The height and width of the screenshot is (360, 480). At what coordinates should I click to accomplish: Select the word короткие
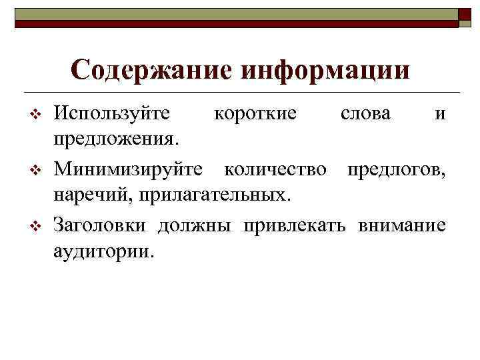(x=255, y=114)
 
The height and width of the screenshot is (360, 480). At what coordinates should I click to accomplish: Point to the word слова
(x=366, y=114)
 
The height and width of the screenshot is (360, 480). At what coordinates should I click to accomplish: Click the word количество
(x=275, y=169)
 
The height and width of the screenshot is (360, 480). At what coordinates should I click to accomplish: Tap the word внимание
(x=402, y=225)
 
